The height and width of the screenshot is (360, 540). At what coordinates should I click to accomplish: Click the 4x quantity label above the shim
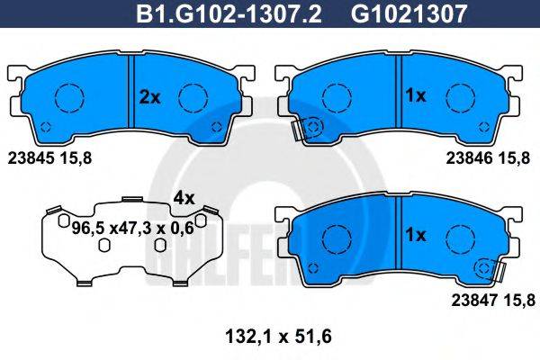pyautogui.click(x=184, y=196)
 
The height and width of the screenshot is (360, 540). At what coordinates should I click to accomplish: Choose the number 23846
pyautogui.click(x=469, y=157)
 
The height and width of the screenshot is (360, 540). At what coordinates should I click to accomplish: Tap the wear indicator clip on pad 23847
pyautogui.click(x=490, y=269)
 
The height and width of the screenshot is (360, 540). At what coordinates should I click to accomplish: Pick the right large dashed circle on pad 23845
pyautogui.click(x=193, y=95)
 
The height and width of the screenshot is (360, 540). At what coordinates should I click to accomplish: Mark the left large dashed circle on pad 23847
pyautogui.click(x=337, y=236)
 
